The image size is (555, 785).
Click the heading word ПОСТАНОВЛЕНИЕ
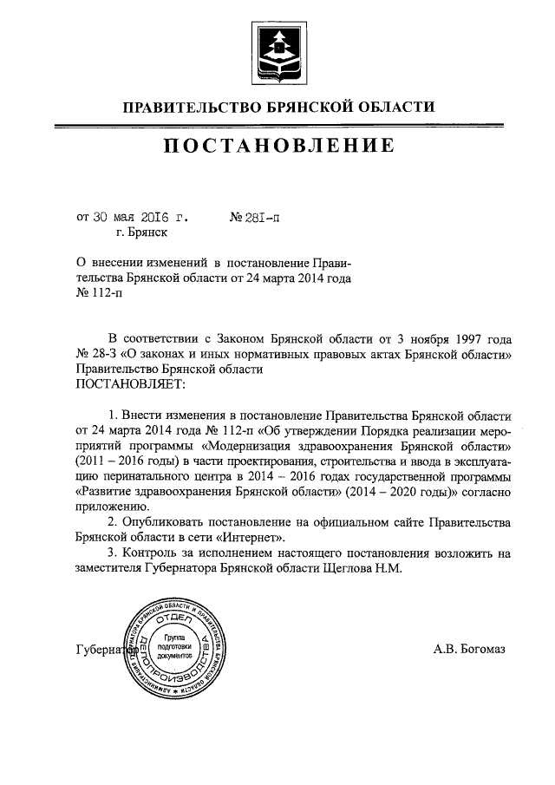277,145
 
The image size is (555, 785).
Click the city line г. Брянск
141,232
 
